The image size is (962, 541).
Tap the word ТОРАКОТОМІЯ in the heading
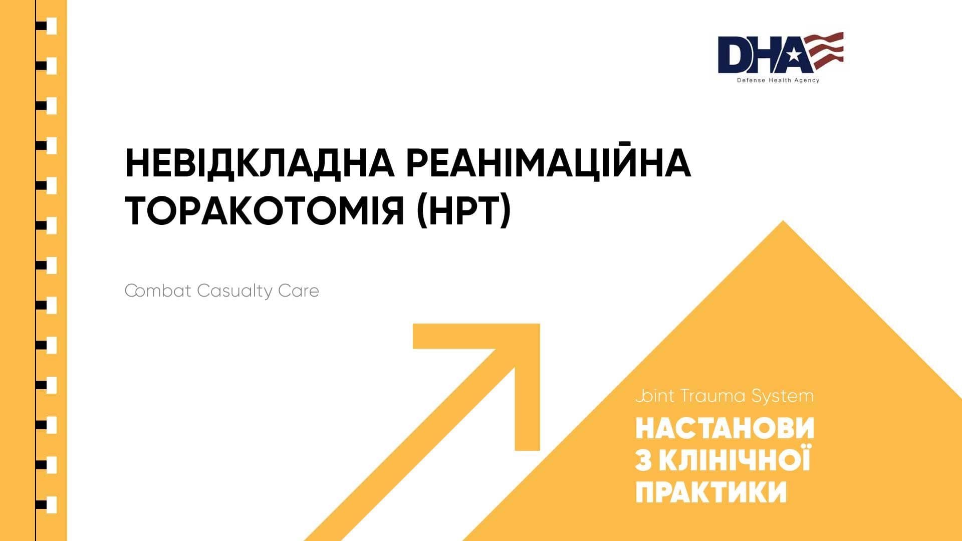pyautogui.click(x=265, y=211)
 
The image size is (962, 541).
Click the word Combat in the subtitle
pyautogui.click(x=158, y=291)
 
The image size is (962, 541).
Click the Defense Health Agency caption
pyautogui.click(x=778, y=80)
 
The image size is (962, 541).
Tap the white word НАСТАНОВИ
pyautogui.click(x=725, y=429)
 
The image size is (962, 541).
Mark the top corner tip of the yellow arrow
pyautogui.click(x=540, y=324)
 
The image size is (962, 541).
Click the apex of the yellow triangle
pyautogui.click(x=783, y=221)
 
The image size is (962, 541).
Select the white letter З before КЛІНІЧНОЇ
pyautogui.click(x=644, y=460)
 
